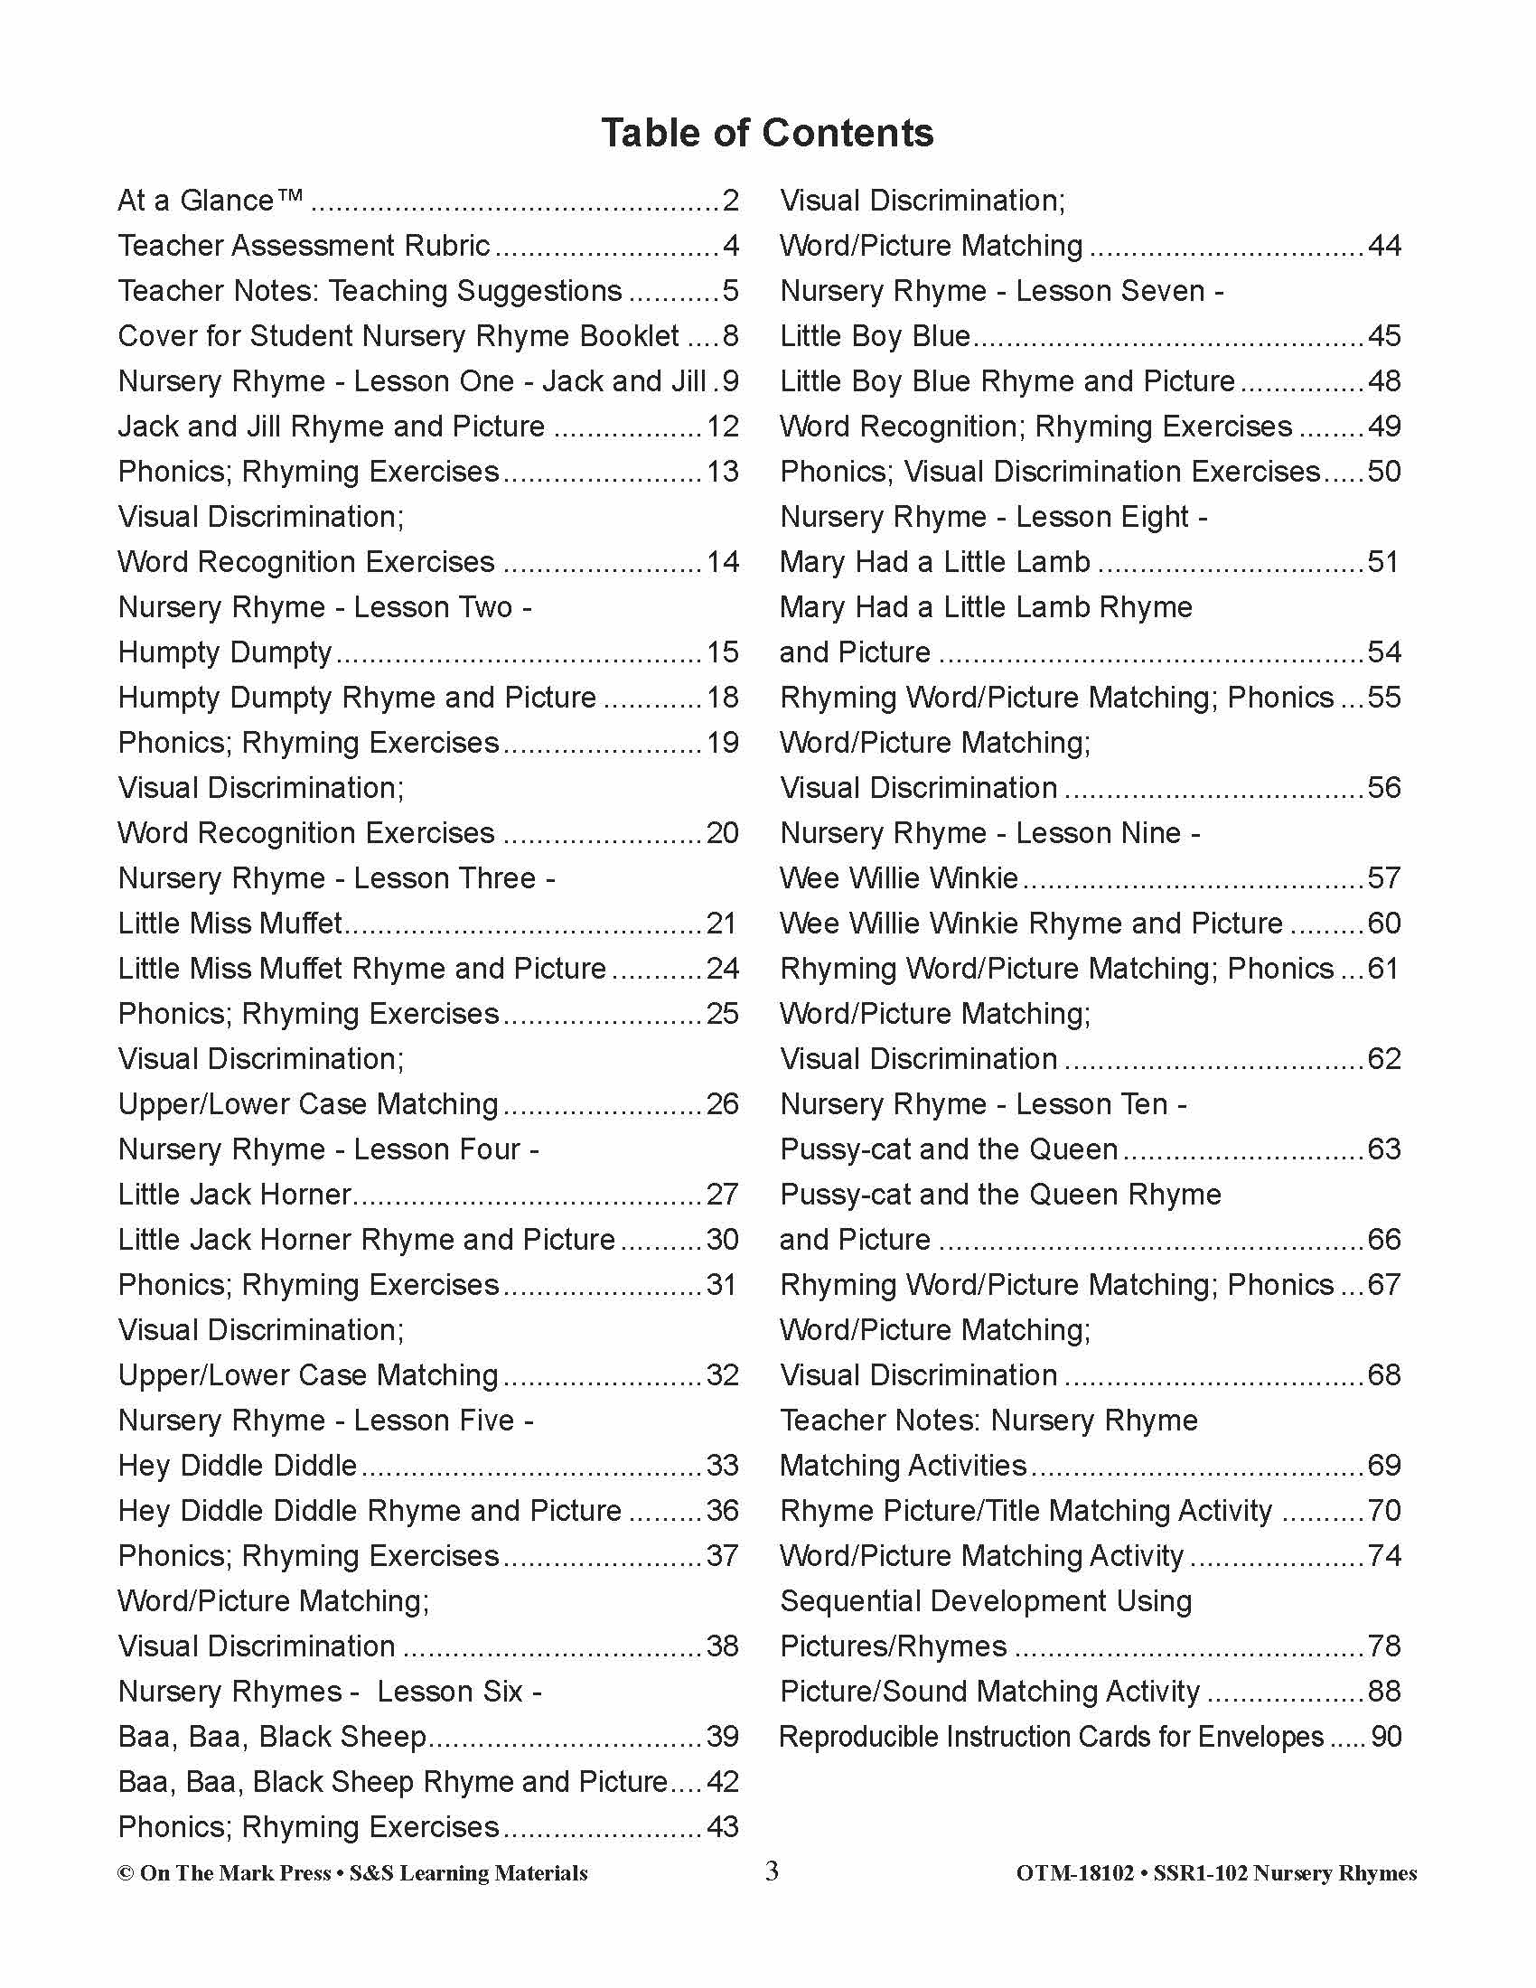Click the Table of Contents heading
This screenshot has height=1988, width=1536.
767,133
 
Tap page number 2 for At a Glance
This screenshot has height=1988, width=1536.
730,201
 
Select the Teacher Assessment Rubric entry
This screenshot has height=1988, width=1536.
304,246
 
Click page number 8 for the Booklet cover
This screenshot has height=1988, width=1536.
730,336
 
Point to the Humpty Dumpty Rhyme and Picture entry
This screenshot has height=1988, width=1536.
357,698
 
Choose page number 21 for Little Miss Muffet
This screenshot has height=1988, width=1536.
722,923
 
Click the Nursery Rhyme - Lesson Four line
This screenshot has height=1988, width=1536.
329,1149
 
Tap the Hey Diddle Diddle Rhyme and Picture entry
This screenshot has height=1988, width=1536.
370,1510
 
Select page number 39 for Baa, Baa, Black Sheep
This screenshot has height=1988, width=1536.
723,1736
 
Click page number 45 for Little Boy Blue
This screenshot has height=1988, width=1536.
1384,336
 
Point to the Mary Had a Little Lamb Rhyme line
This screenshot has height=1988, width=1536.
986,607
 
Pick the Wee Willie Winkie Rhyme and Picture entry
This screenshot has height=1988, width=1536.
1031,923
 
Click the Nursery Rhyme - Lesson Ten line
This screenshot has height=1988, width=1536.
983,1104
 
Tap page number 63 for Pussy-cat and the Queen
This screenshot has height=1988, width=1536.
1384,1149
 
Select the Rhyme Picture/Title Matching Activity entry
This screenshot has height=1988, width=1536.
1026,1510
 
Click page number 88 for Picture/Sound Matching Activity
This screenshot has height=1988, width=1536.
1384,1692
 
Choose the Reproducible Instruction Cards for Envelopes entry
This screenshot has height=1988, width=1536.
1051,1736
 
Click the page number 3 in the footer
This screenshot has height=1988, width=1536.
772,1871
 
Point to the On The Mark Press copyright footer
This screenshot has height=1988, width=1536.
352,1873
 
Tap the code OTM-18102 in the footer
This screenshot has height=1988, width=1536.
1074,1873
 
